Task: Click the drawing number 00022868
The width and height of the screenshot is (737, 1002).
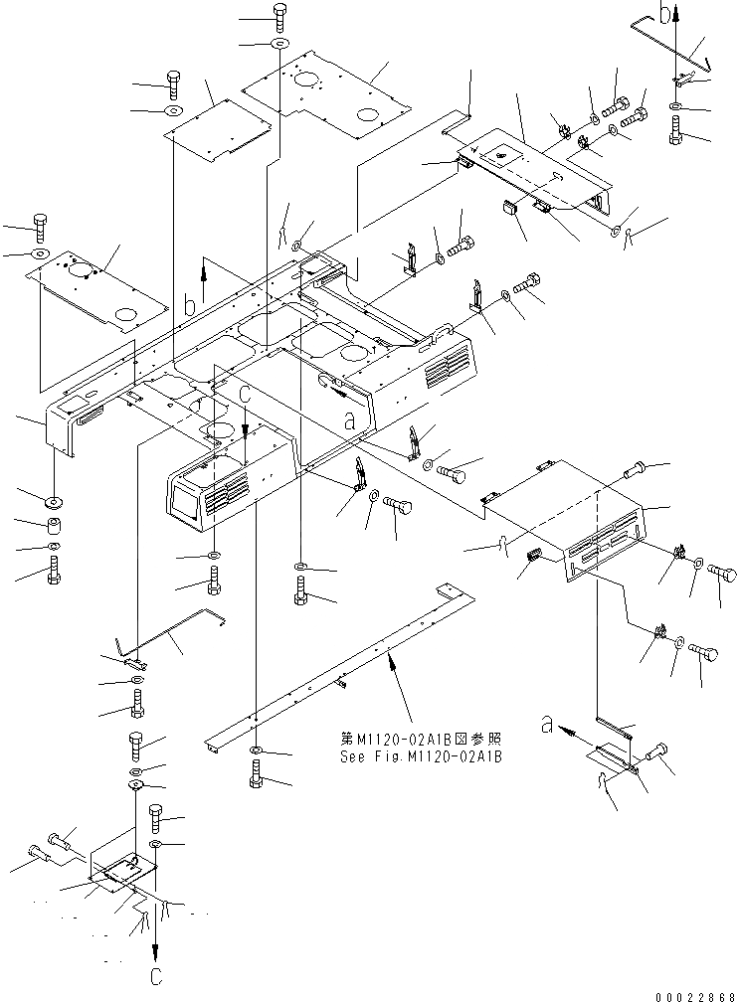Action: point(688,990)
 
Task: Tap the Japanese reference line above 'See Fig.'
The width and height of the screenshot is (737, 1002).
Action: point(420,740)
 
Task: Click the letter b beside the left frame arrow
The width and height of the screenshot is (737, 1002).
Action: point(189,306)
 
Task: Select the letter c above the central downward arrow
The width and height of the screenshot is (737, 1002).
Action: point(245,394)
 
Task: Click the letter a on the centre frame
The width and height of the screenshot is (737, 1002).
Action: point(348,421)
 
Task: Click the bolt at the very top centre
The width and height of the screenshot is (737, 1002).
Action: point(278,14)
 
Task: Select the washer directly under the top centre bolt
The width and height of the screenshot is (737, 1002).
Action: point(278,46)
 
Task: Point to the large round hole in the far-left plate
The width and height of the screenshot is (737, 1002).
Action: point(125,315)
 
